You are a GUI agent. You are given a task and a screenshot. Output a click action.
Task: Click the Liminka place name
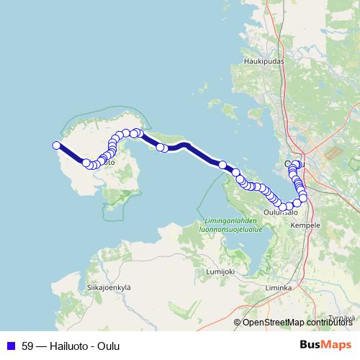[278, 288]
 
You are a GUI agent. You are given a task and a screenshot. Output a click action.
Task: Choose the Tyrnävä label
[341, 318]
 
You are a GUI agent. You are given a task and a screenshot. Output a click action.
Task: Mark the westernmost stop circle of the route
[57, 145]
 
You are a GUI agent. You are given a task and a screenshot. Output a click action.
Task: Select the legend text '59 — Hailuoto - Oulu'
[71, 346]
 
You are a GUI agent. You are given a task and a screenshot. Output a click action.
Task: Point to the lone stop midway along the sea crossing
[222, 165]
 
